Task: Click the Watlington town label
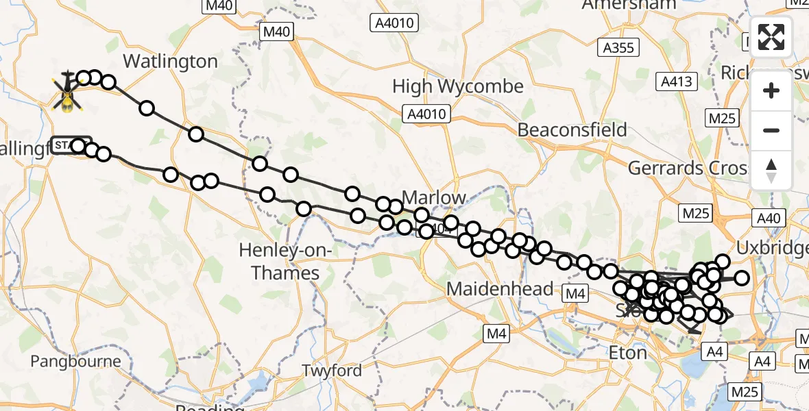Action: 169,62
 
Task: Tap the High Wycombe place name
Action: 457,87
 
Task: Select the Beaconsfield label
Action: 572,130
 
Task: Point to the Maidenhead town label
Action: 499,289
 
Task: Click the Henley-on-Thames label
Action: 279,262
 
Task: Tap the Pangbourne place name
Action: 76,361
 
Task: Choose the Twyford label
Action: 332,371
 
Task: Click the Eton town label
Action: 627,353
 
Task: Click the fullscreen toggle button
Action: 771,37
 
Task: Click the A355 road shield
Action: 618,47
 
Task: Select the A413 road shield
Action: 677,82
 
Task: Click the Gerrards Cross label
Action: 688,169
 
